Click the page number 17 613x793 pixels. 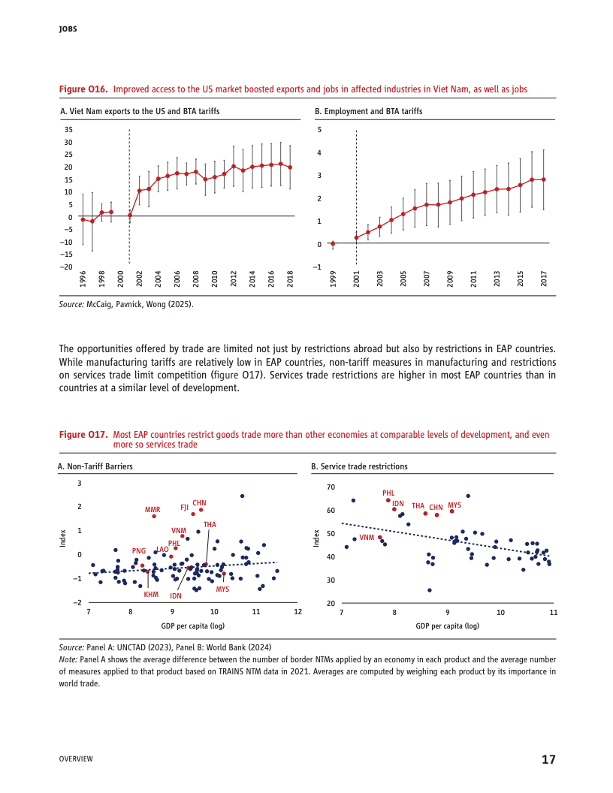tap(548, 759)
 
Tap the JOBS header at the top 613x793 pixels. tap(68, 29)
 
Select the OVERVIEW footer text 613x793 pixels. tap(76, 759)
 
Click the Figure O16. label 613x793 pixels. tap(83, 89)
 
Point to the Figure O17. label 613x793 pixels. tap(83, 435)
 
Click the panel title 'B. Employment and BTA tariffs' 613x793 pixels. tap(368, 111)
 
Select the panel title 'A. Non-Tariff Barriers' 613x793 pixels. tap(95, 466)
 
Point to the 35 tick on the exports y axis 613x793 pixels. tap(68, 130)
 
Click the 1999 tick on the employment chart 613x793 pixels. tap(333, 279)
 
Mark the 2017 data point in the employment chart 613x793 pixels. tap(544, 179)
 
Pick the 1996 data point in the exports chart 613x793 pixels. tap(83, 219)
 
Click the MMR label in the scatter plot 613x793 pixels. tap(152, 509)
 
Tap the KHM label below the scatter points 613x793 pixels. tap(151, 595)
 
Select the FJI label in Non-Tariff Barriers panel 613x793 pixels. tap(184, 507)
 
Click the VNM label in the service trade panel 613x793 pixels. tap(367, 538)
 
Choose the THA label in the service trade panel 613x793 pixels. tap(418, 506)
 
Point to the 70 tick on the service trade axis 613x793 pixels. tap(331, 487)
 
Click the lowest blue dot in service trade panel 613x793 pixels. tap(430, 590)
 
